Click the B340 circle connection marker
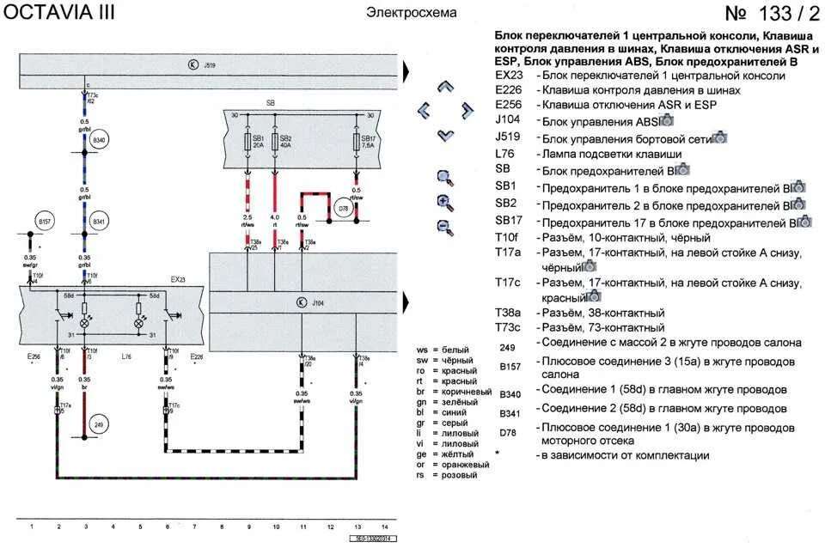98,139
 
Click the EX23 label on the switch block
177,279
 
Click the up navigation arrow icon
444,87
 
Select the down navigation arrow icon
444,134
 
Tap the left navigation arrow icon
423,110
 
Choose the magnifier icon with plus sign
444,203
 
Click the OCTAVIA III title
58,13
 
